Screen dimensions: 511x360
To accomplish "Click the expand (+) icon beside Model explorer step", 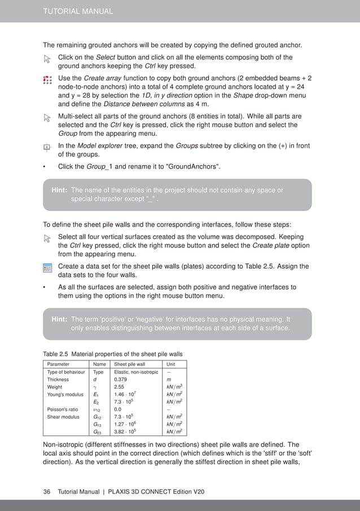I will click(47, 147).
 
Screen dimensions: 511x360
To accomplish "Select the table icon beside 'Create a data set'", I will click(47, 267).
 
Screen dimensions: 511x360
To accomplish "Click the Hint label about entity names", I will click(59, 191).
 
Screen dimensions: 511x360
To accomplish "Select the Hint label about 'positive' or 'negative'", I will click(59, 319).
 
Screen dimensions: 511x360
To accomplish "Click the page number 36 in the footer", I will click(47, 492).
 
